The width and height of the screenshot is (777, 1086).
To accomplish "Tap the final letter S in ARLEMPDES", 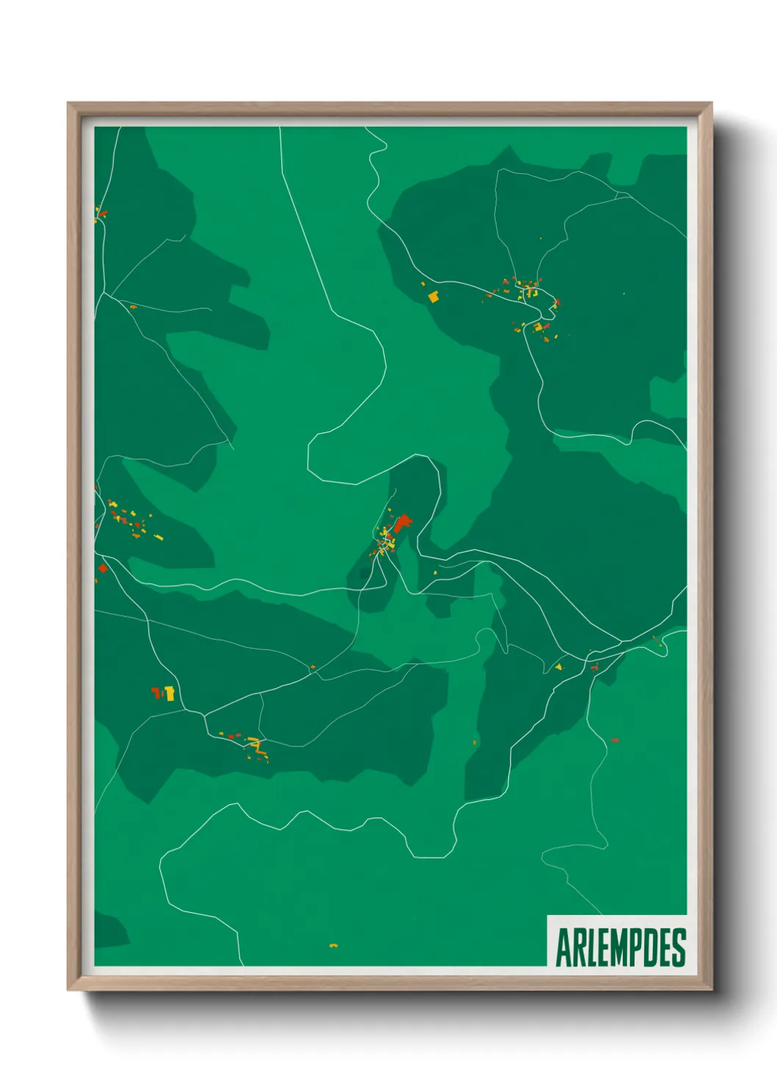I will point(678,948).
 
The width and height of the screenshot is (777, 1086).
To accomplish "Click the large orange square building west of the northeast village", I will point(433,296).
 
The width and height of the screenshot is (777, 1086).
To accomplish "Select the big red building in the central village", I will point(402,523).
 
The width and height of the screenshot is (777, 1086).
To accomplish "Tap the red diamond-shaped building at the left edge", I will point(103,567).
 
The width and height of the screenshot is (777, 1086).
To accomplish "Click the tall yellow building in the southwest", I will point(170,693).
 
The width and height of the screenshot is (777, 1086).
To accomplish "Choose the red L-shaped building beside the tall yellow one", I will point(156,691).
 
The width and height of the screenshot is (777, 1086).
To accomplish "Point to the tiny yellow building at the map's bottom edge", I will point(333,945).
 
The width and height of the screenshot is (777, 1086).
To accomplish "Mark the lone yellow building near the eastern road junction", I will point(559,667).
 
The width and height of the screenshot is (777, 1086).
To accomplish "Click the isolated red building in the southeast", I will point(614,740).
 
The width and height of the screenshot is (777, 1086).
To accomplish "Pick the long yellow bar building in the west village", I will point(158,538).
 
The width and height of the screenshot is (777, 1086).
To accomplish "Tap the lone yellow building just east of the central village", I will point(435,572).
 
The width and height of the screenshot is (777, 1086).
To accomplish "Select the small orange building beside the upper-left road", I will point(133,307).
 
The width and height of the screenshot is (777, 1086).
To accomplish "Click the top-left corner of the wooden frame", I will point(68,103).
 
